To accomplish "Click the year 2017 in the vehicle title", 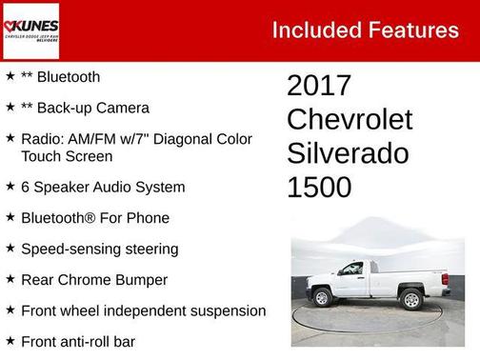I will click(x=319, y=86).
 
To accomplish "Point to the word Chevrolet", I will click(x=350, y=120).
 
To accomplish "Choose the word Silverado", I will click(x=348, y=153).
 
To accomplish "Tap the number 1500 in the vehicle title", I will click(x=319, y=188).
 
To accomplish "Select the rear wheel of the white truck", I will click(x=411, y=300).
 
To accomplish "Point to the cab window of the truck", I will click(x=350, y=270).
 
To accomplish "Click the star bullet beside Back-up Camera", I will click(x=10, y=108).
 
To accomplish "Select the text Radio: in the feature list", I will click(x=41, y=139).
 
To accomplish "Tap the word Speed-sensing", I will click(x=70, y=250).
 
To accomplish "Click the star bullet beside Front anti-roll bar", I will click(x=10, y=341).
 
